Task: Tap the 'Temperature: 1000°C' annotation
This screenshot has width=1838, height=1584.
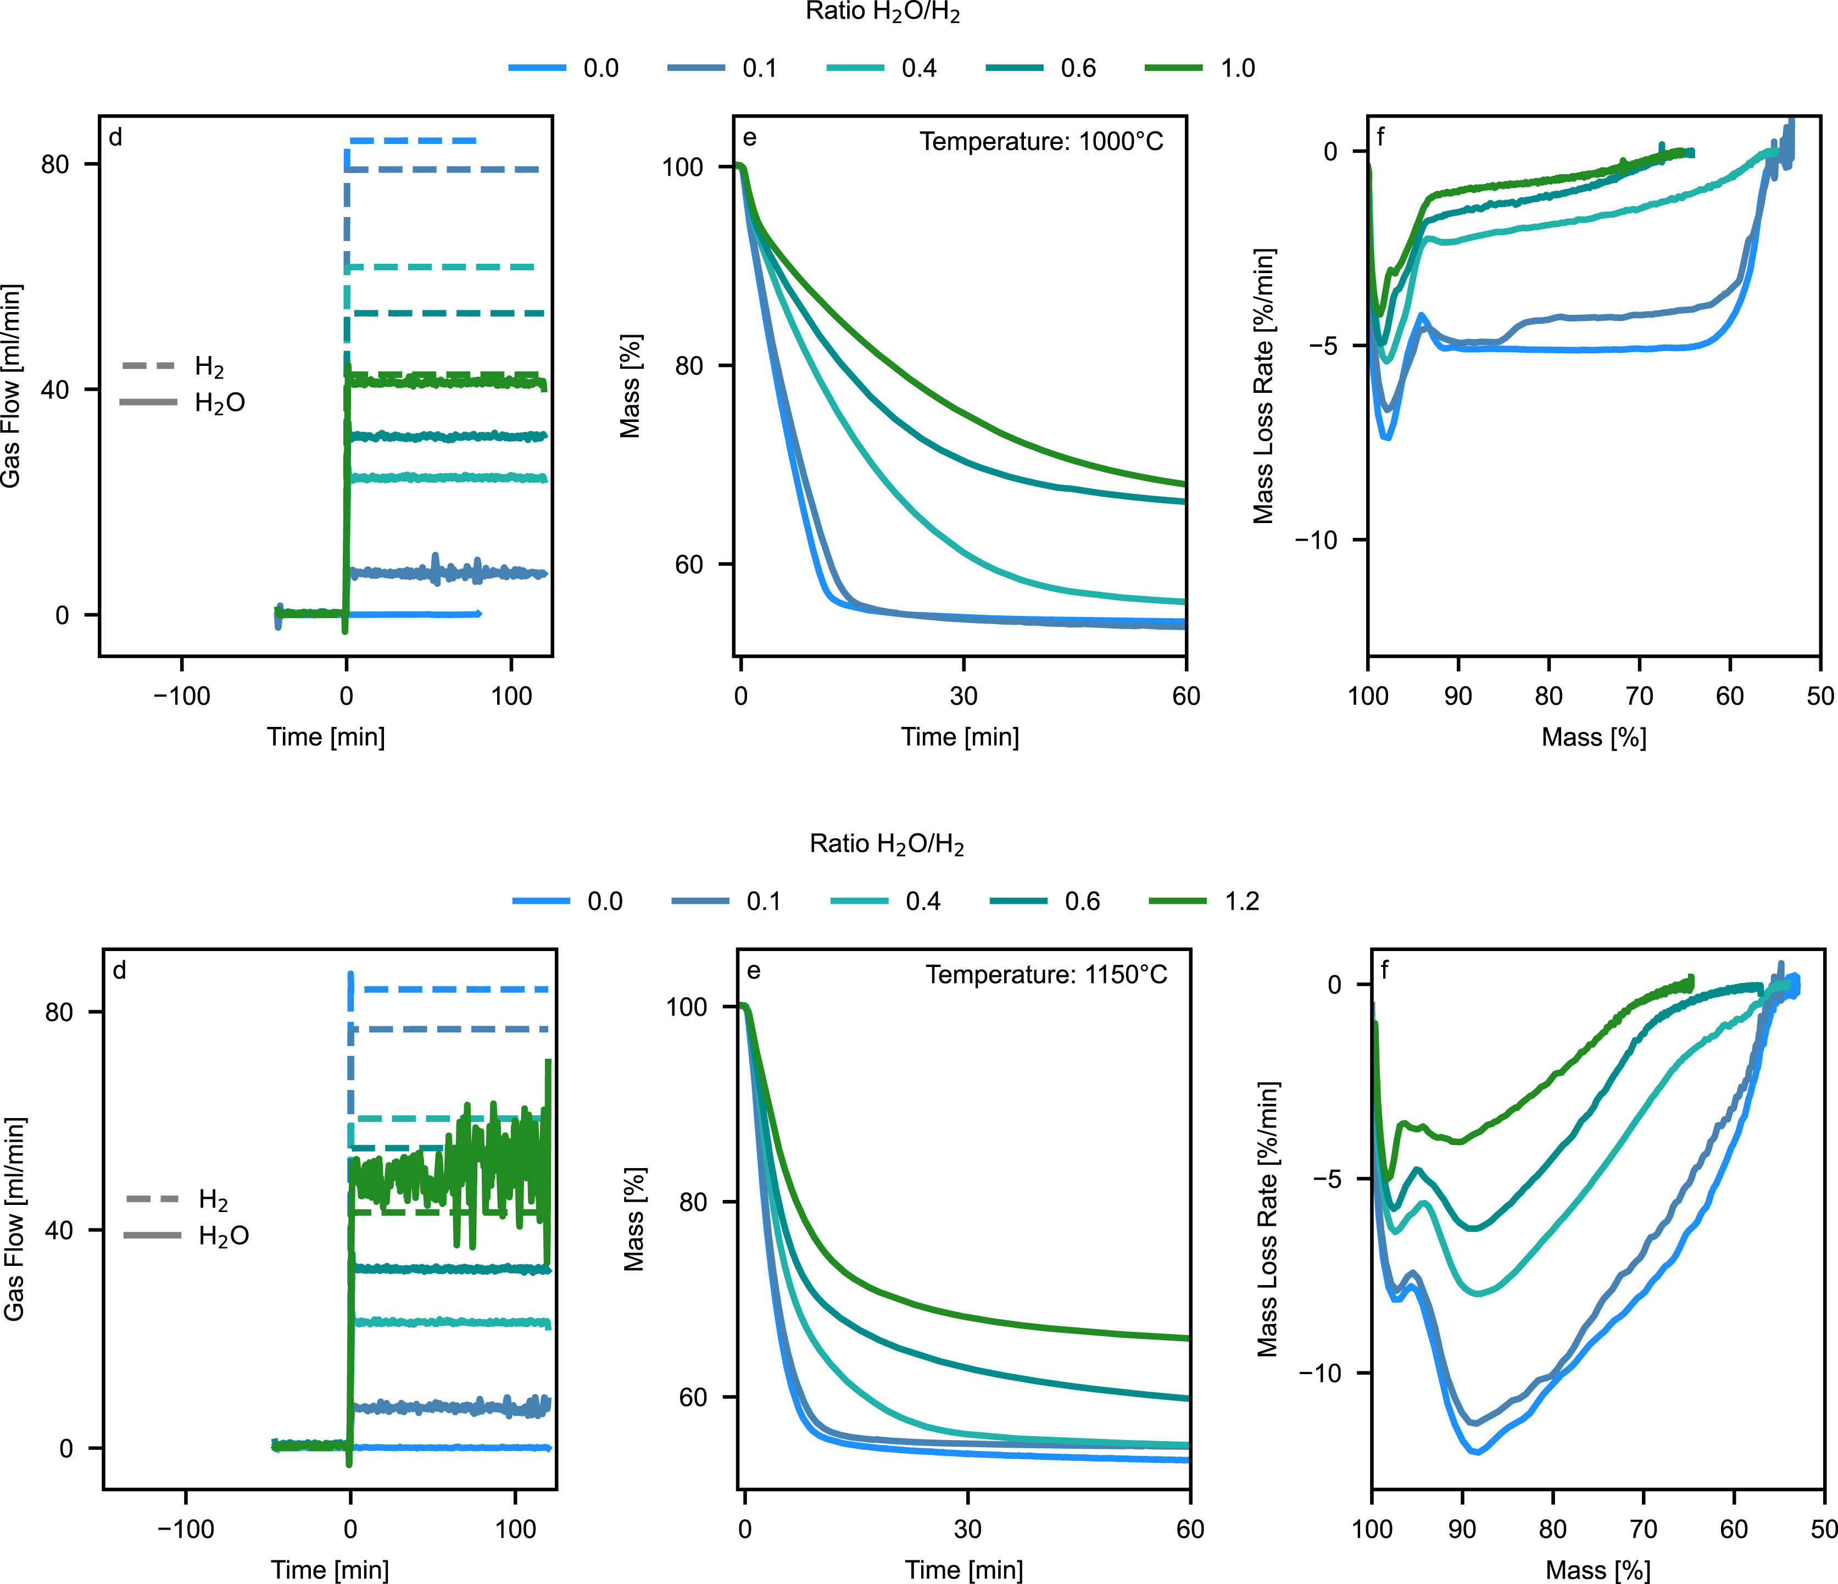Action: click(1040, 142)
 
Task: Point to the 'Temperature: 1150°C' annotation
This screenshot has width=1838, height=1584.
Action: click(1046, 975)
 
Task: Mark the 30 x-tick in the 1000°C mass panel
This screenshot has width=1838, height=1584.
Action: click(963, 696)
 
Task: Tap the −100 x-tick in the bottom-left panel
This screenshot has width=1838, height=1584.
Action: click(186, 1529)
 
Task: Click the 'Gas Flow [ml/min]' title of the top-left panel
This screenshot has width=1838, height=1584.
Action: click(10, 386)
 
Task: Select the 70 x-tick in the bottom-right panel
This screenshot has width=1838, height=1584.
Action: click(1643, 1529)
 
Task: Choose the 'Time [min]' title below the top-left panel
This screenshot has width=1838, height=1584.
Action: click(326, 737)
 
